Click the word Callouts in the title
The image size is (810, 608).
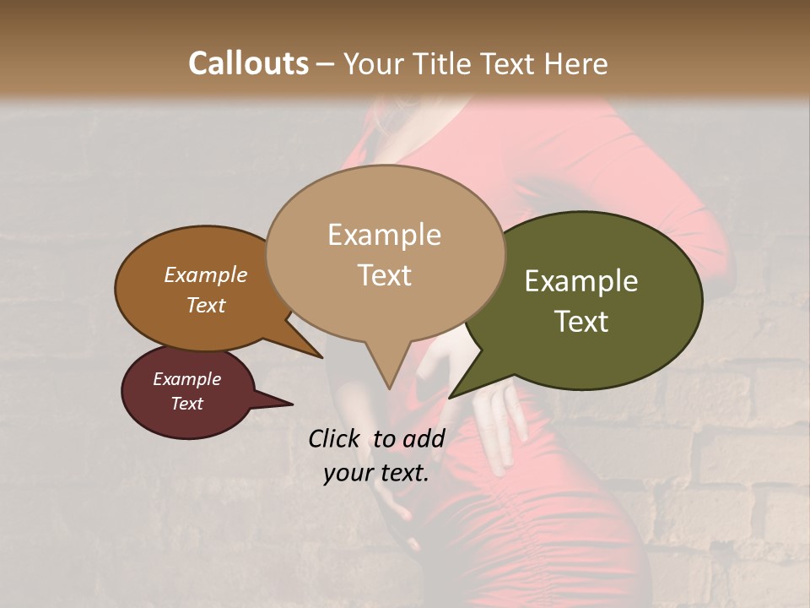coord(248,63)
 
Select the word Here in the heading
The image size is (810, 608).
coord(576,63)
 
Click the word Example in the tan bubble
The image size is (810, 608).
coord(384,235)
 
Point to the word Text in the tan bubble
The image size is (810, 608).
coord(384,275)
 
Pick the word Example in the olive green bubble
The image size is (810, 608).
coord(581,281)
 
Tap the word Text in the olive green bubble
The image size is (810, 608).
coord(581,322)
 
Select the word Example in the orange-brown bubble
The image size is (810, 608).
coord(205,274)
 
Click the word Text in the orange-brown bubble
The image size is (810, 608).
coord(205,305)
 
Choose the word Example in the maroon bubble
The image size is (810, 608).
coord(186,379)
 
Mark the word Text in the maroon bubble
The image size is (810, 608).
coord(186,404)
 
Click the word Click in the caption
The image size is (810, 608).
coord(334,438)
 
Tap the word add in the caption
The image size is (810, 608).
coord(424,438)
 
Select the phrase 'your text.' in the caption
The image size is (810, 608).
coord(376,473)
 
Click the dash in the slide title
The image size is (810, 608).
coord(326,65)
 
